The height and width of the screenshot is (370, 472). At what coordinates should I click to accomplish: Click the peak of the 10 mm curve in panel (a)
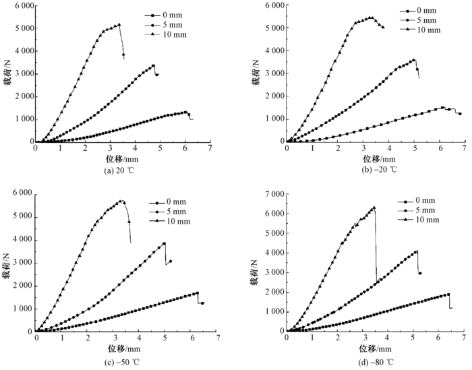(x=119, y=25)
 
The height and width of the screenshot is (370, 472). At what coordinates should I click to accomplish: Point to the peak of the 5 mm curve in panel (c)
(x=164, y=243)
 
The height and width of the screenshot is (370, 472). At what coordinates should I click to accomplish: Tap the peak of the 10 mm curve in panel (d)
(x=374, y=208)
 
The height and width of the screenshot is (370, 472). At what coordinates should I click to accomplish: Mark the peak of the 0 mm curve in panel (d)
(x=448, y=294)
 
